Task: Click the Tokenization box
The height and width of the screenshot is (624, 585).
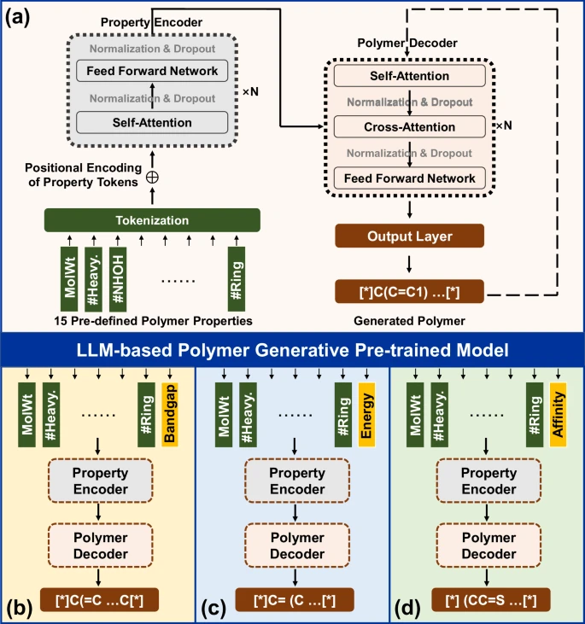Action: [x=152, y=219]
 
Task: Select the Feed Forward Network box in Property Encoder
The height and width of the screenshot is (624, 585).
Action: [x=151, y=70]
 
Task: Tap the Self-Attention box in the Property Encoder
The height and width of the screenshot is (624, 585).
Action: [x=151, y=123]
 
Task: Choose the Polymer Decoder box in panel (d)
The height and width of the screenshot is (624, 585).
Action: [x=488, y=545]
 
